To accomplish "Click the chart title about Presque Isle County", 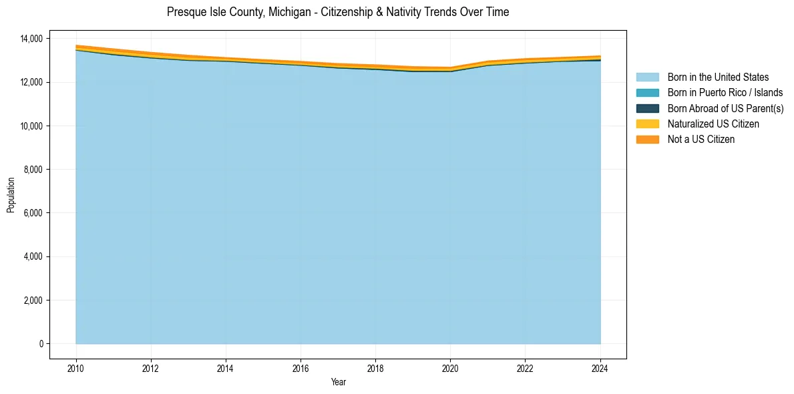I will (338, 12).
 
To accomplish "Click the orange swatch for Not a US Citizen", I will (647, 140).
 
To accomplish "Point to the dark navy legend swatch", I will (647, 108).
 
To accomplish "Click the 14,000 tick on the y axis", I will (31, 39).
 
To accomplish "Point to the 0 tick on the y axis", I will (41, 344).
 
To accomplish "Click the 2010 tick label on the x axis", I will (76, 368).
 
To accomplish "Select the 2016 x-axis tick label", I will (301, 368).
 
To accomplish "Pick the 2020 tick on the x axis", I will (451, 368).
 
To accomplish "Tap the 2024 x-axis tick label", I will (600, 368).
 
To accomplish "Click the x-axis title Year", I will (338, 382).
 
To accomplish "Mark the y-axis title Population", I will (11, 195).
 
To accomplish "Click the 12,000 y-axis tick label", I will (31, 82).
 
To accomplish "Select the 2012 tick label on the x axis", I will (151, 368).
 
